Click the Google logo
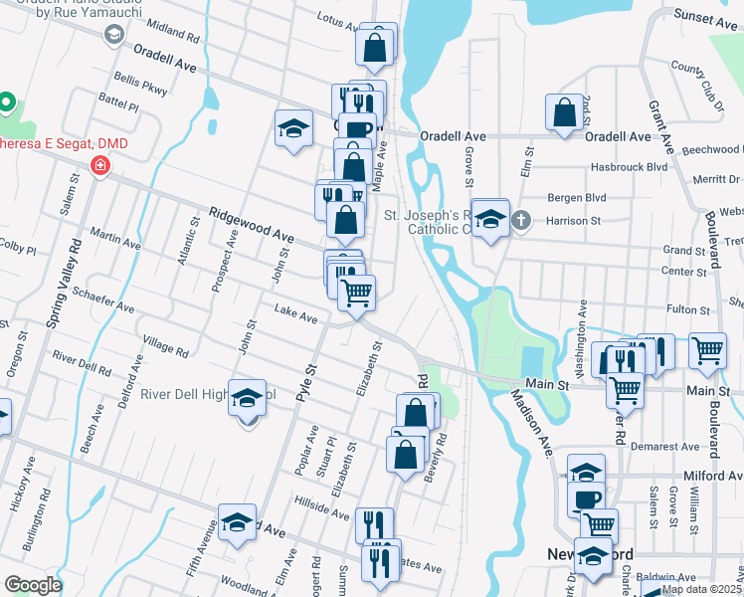tap(32, 585)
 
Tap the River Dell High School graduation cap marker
tap(247, 399)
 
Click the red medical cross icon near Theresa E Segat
tap(99, 166)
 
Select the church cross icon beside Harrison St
tap(520, 220)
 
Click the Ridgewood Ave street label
tap(252, 226)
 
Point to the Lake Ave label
tap(295, 316)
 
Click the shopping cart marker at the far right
tap(706, 350)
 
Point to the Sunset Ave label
tap(706, 19)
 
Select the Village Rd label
tap(165, 345)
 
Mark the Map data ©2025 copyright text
tap(701, 589)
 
